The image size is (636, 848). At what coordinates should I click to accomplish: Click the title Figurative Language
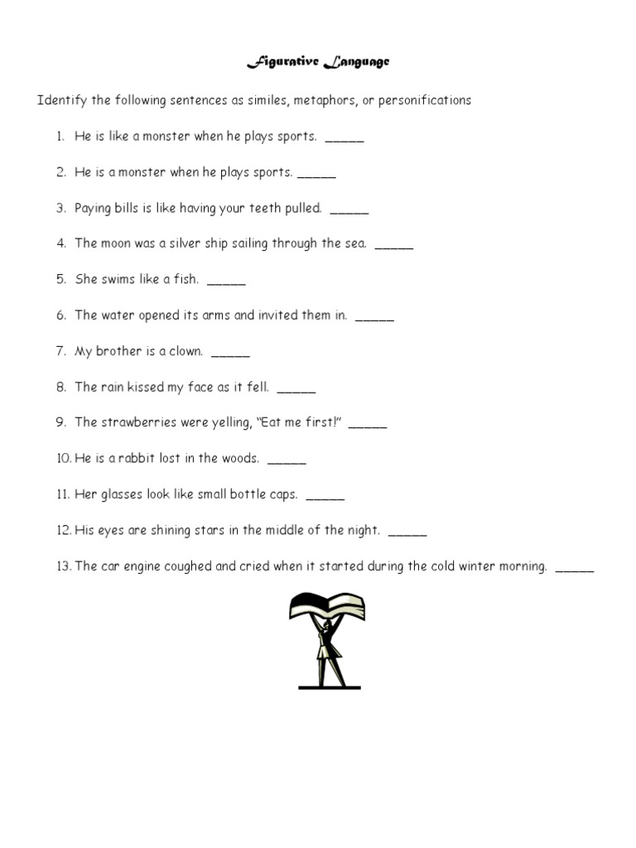318,62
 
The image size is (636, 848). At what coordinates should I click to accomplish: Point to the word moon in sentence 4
115,243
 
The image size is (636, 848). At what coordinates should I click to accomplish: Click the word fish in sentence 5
186,279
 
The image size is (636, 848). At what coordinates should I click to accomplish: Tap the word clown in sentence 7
185,351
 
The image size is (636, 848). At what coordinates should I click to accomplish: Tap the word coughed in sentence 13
183,566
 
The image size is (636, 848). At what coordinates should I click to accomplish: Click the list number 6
61,316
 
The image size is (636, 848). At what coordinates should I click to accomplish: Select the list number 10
63,459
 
